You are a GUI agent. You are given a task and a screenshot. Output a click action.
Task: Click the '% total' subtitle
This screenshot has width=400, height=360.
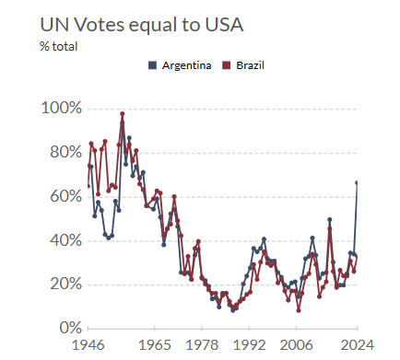click(57, 45)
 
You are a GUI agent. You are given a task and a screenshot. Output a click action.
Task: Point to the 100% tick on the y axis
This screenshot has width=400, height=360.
click(62, 109)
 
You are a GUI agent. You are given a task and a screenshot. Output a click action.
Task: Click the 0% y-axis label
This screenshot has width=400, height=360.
click(70, 328)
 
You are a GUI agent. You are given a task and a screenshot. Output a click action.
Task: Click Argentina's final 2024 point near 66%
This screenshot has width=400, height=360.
click(358, 182)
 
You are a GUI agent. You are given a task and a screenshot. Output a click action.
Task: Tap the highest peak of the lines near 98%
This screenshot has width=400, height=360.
click(122, 113)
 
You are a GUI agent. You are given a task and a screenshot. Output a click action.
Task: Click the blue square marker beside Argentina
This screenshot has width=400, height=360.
click(153, 64)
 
